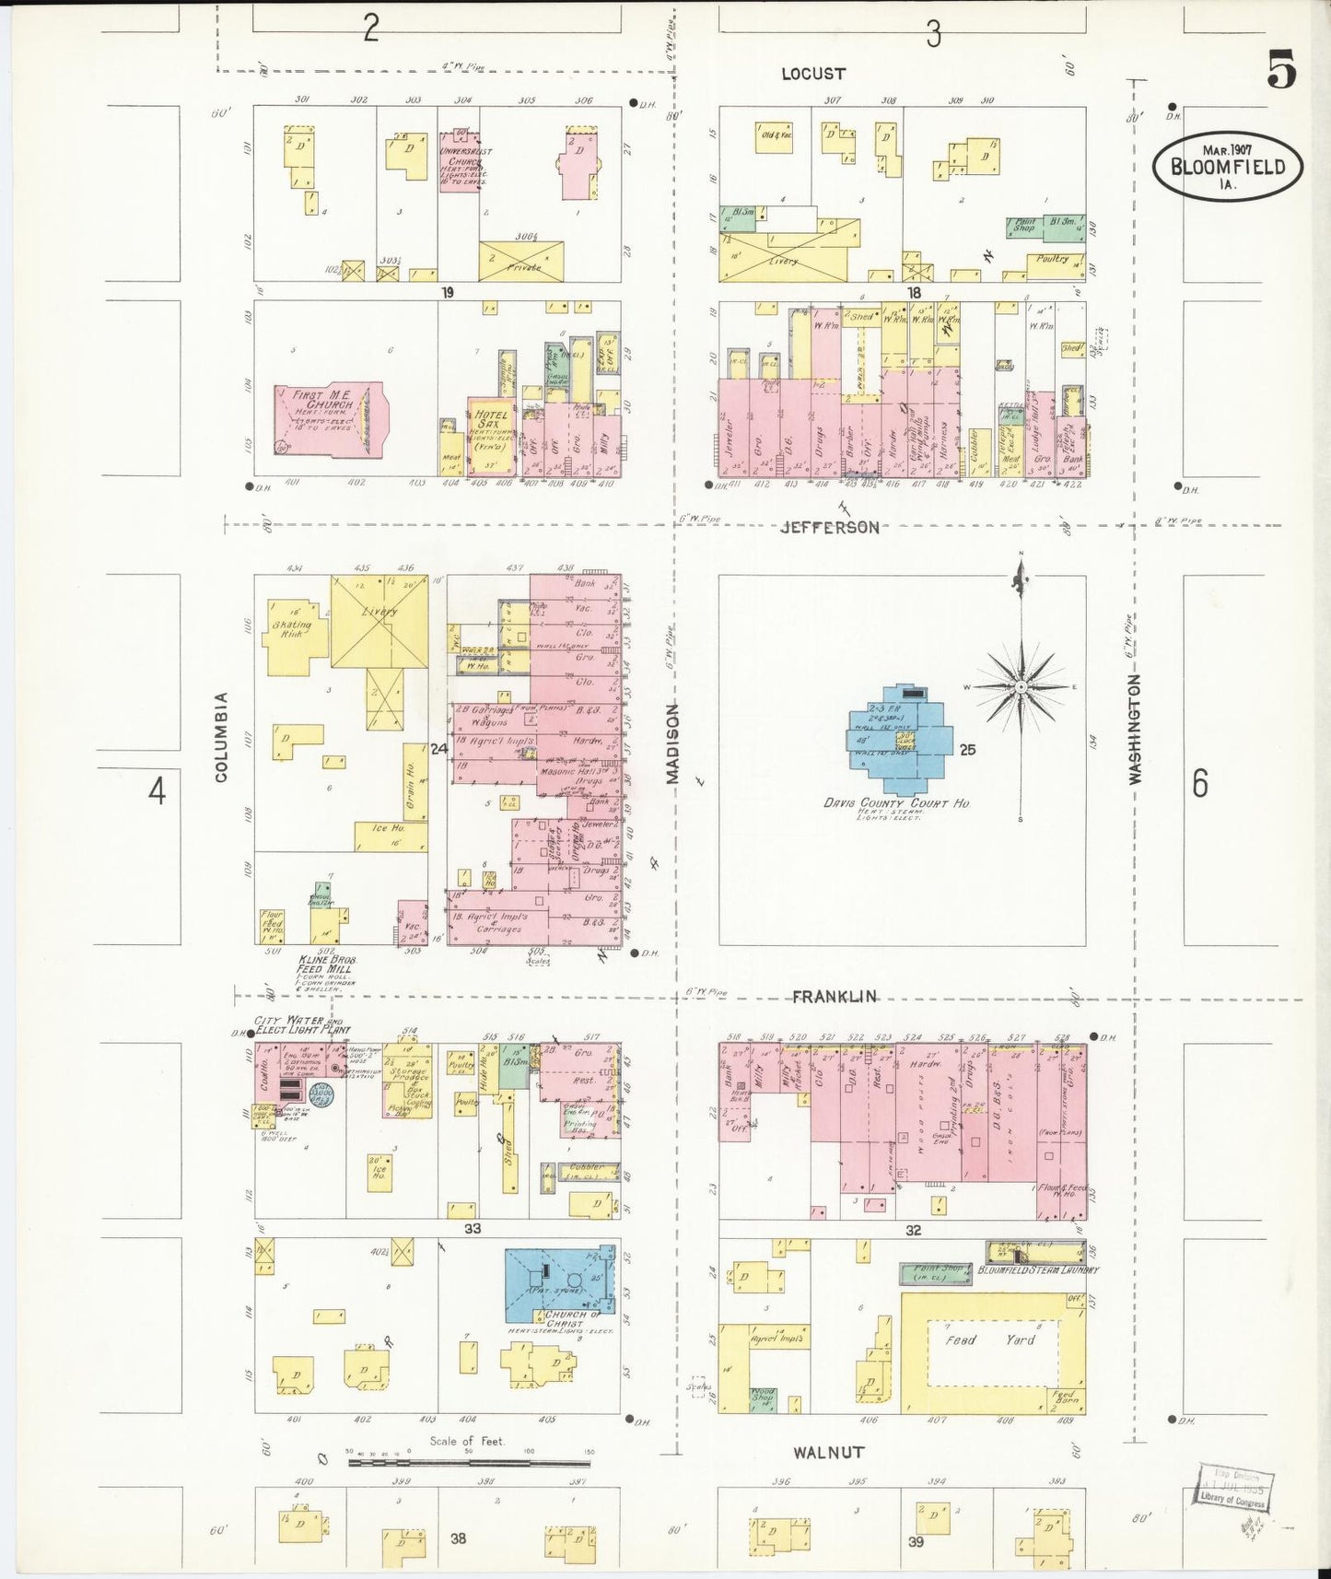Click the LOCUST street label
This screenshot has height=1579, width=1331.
pyautogui.click(x=812, y=74)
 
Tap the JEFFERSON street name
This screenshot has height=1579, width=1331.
pyautogui.click(x=829, y=527)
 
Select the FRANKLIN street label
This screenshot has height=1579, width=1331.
pyautogui.click(x=835, y=996)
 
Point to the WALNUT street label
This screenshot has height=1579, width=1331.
pyautogui.click(x=829, y=1453)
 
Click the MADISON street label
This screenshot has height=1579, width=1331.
pyautogui.click(x=672, y=743)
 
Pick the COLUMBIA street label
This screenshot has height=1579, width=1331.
pyautogui.click(x=221, y=737)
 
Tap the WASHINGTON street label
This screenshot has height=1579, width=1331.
pyautogui.click(x=1135, y=729)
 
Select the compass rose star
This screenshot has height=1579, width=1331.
pyautogui.click(x=1021, y=687)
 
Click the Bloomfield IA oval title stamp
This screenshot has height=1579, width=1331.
pyautogui.click(x=1228, y=167)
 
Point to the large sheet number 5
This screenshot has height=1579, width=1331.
pyautogui.click(x=1280, y=69)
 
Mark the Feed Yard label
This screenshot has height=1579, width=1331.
pyautogui.click(x=990, y=1339)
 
